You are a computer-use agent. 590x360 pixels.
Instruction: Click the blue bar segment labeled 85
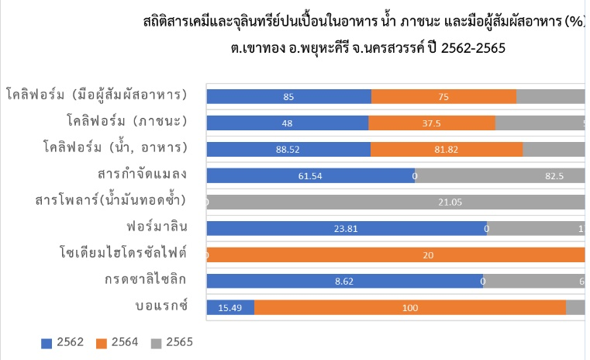(x=288, y=96)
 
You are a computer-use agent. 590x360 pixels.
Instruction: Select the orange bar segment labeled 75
(x=443, y=96)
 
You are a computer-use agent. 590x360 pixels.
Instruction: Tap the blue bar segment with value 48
(x=288, y=123)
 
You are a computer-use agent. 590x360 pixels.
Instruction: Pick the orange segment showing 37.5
(x=432, y=123)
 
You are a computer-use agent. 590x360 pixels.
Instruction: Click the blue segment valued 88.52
(x=288, y=149)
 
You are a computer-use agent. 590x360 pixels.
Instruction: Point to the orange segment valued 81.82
(x=447, y=149)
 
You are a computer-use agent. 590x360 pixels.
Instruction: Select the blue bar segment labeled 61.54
(x=310, y=175)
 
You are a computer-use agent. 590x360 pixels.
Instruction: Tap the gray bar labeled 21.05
(x=396, y=202)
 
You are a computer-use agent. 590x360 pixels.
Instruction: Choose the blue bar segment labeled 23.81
(x=346, y=228)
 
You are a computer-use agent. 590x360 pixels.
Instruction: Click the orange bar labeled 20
(x=396, y=254)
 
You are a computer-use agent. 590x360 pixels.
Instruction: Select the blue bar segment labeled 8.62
(x=345, y=281)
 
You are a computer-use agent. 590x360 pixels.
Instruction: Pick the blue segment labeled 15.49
(x=230, y=307)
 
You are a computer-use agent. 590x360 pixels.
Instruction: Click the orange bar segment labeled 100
(x=409, y=307)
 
